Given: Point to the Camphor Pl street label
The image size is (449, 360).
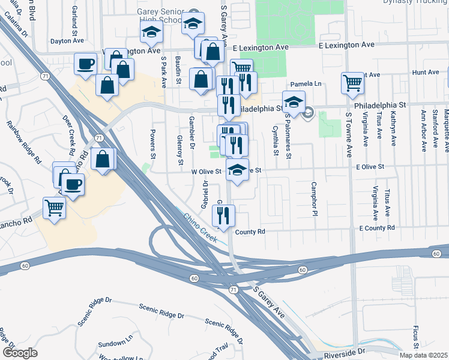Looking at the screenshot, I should pyautogui.click(x=313, y=198).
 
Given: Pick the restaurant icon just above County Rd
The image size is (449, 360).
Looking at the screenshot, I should pyautogui.click(x=224, y=216).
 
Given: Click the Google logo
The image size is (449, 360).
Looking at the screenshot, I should pyautogui.click(x=20, y=353).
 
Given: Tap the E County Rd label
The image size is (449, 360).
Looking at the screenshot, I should pyautogui.click(x=377, y=228).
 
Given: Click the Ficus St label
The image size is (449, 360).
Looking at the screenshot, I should pyautogui.click(x=415, y=337).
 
